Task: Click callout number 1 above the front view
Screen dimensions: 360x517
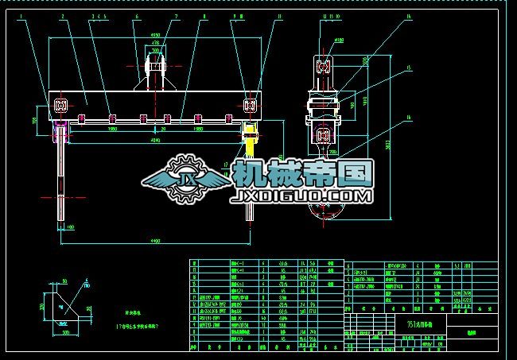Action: pyautogui.click(x=30, y=16)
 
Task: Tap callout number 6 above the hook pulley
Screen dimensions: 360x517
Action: pyautogui.click(x=137, y=16)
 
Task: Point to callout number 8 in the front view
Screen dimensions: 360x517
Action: pyautogui.click(x=204, y=16)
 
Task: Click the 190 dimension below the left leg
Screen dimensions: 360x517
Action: pyautogui.click(x=70, y=228)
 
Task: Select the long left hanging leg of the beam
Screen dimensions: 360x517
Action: pyautogui.click(x=62, y=171)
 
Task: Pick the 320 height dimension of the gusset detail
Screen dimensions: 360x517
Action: pyautogui.click(x=41, y=306)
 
